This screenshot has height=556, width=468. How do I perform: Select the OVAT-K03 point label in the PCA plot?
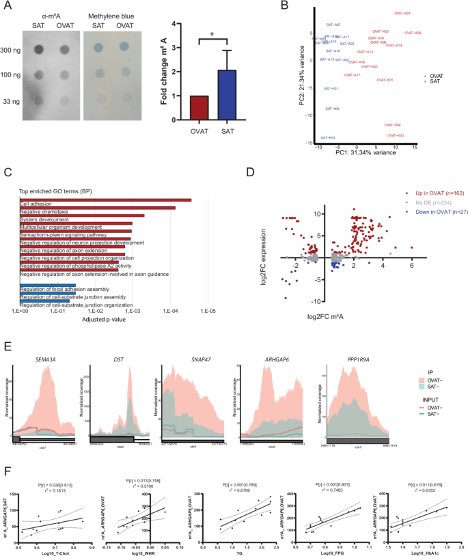(x=396, y=135)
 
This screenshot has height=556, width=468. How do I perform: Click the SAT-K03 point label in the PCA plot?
(x=328, y=138)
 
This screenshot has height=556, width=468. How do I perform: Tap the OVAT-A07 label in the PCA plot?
(x=402, y=13)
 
